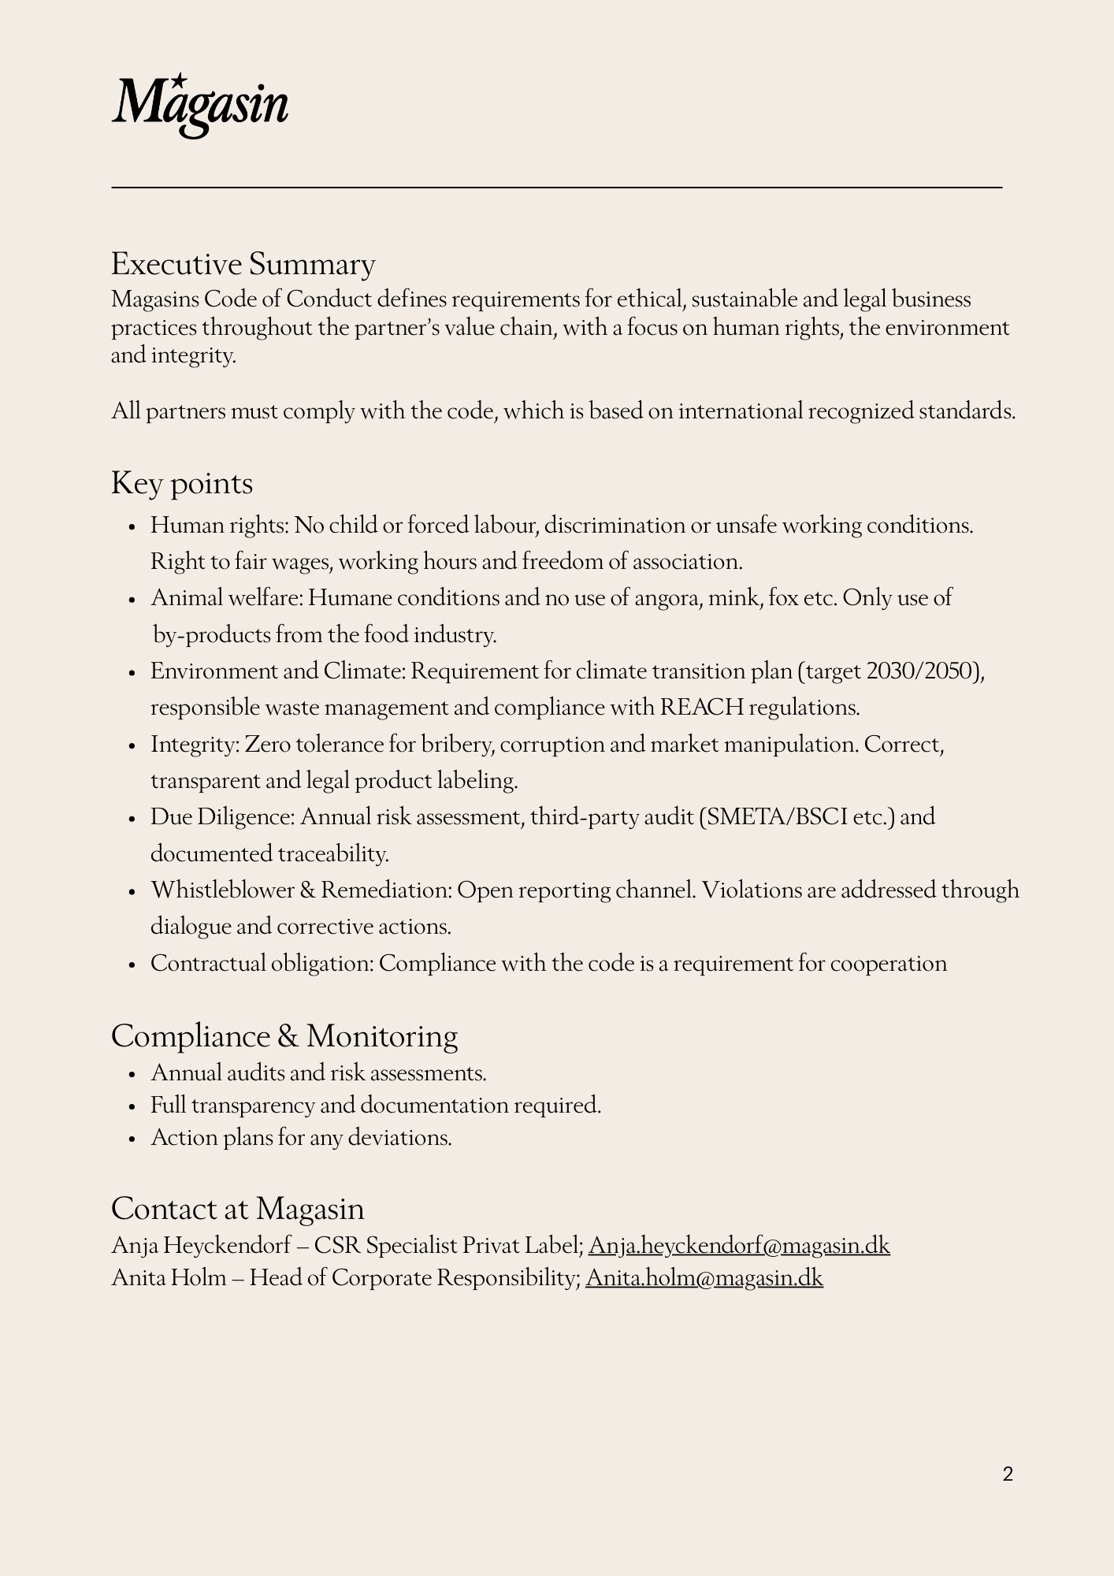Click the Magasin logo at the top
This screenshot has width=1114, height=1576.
coord(200,106)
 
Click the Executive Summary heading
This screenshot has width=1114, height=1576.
coord(243,264)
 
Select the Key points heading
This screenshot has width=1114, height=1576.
coord(182,483)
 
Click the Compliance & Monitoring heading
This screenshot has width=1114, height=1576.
coord(284,1036)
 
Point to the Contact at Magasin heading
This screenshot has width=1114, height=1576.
coord(237,1209)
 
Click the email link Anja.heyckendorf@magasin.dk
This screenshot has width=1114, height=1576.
coord(738,1246)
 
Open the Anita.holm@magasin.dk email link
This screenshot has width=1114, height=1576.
coord(704,1277)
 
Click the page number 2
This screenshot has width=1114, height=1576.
coord(1008,1474)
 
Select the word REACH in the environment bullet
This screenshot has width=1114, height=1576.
coord(701,708)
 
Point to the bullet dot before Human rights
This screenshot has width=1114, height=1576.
coord(133,526)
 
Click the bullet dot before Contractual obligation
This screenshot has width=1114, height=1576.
coord(133,965)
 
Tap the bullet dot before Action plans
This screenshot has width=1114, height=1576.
coord(133,1139)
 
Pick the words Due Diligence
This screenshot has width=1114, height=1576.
coord(222,817)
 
